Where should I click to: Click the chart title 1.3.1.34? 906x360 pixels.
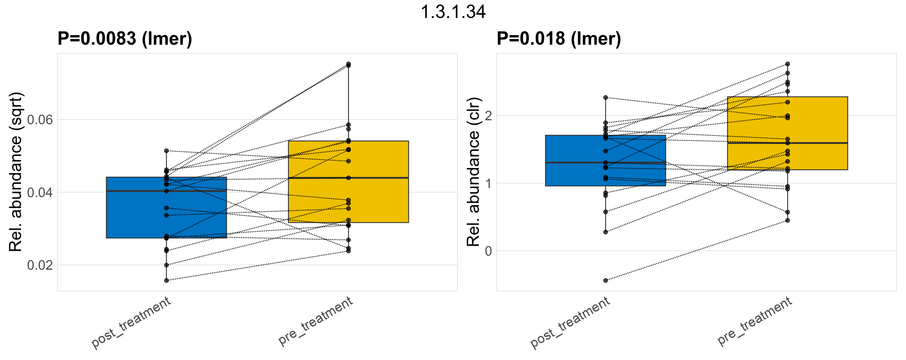453,12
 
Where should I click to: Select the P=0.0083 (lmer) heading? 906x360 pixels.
124,38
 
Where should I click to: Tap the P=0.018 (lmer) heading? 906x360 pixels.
559,38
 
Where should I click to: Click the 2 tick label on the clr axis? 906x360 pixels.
488,116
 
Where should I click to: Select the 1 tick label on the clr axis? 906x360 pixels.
488,184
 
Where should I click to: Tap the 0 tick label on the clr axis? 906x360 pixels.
488,251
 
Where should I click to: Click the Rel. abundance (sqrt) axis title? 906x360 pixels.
16,172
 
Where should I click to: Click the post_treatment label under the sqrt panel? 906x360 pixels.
131,323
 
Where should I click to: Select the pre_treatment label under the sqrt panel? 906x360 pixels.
316,321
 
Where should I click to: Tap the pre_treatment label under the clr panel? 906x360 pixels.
755,321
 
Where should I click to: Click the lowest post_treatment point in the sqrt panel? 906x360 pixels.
166,280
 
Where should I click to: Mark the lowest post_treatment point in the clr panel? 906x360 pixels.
606,280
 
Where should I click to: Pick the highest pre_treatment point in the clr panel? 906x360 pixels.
788,64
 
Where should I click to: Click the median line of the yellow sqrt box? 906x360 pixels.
348,178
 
